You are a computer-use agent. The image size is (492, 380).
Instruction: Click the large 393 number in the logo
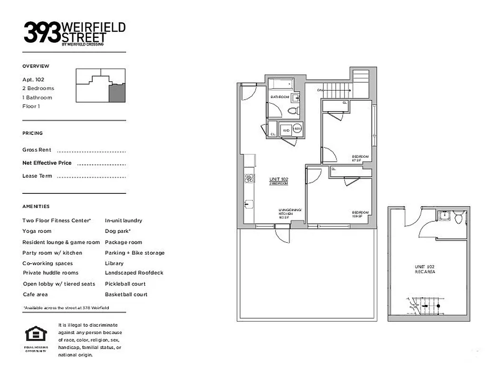(42, 31)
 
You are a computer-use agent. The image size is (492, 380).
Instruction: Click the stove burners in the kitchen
(249, 179)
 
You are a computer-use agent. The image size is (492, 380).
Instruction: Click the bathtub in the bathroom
(280, 85)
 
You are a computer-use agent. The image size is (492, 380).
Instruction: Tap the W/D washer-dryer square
(286, 130)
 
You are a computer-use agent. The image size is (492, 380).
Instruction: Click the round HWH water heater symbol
(297, 129)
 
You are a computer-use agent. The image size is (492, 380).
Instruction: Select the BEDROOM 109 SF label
(357, 214)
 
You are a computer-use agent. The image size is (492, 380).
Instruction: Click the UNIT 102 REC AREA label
(425, 269)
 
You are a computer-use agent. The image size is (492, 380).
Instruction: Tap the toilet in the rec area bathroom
(459, 218)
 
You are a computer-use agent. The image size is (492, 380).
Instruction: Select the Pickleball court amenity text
(125, 284)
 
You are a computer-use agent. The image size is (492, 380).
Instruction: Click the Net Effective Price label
(47, 163)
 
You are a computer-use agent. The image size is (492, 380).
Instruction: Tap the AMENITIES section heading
(36, 207)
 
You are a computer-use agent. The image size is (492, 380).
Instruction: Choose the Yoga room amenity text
(37, 231)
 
